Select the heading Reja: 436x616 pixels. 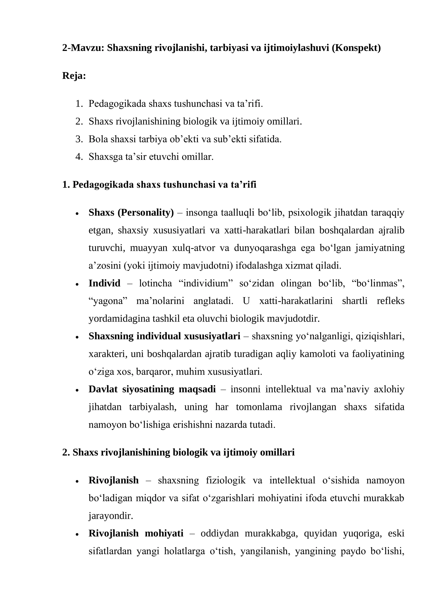[x=74, y=76]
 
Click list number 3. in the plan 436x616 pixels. [x=79, y=139]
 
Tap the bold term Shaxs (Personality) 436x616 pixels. [x=131, y=212]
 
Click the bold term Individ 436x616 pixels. [x=104, y=283]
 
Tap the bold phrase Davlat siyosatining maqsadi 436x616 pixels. [x=152, y=389]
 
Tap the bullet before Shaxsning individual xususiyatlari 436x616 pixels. [x=77, y=337]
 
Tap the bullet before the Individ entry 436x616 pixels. [x=77, y=284]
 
